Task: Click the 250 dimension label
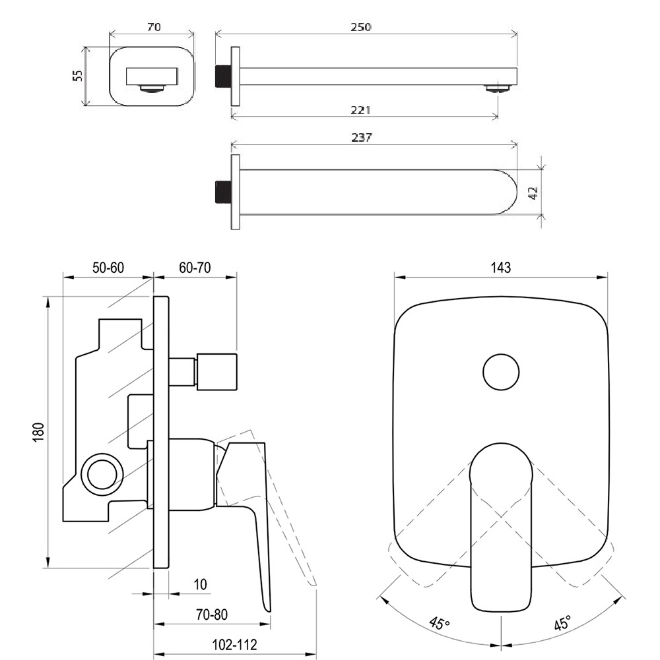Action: [361, 27]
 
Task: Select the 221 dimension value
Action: [361, 110]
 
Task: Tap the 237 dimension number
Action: [361, 137]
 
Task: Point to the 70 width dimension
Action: [154, 27]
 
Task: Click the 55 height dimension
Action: [78, 76]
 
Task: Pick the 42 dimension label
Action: [533, 193]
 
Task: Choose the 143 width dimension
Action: [501, 268]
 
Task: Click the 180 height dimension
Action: [38, 433]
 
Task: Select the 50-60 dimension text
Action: [108, 268]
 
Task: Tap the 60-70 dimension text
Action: [195, 268]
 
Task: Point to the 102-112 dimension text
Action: [234, 645]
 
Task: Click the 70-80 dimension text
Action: [212, 615]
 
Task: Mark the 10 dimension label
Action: [200, 584]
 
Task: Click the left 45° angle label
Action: [440, 623]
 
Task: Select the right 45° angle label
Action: [563, 622]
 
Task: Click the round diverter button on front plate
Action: [501, 373]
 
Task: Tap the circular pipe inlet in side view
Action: [102, 473]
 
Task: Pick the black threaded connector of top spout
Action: [223, 76]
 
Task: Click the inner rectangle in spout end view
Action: [152, 76]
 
